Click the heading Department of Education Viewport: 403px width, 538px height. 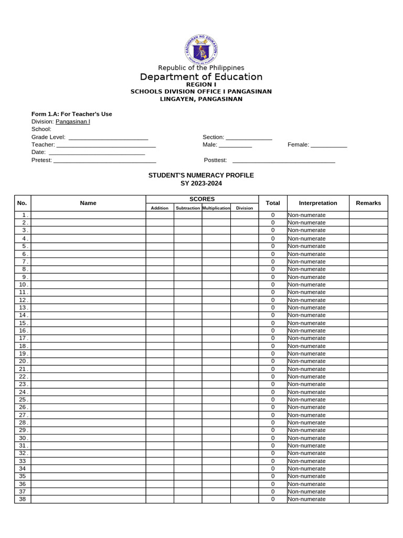[201, 77]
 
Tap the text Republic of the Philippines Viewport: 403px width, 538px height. [201, 68]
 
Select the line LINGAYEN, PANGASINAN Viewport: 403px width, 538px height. [201, 99]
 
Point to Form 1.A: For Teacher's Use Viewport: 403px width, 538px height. [72, 114]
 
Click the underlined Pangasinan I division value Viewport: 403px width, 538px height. [73, 121]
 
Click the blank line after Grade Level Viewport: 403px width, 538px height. [109, 138]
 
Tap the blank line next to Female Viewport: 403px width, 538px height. [328, 146]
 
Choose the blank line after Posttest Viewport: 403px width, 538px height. [283, 161]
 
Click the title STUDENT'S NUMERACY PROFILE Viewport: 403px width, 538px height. [201, 175]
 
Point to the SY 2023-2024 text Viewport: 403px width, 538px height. [201, 183]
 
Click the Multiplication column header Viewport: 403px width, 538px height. [216, 208]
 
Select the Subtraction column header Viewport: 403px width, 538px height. [188, 208]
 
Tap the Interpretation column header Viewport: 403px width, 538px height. [318, 203]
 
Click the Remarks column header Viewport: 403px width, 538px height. [368, 203]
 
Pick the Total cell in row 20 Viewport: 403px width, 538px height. [273, 361]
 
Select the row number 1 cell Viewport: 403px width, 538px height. [23, 215]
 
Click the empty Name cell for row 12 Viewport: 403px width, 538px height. [88, 300]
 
